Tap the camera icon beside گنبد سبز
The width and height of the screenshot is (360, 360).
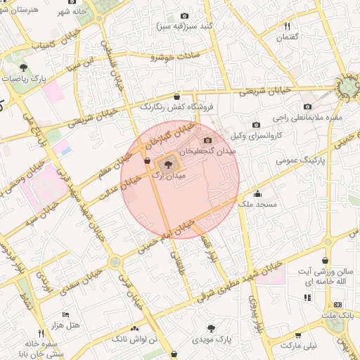coord(184,15)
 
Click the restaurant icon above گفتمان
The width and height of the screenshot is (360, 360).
coord(287,27)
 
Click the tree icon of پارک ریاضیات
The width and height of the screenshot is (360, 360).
coord(25,68)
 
